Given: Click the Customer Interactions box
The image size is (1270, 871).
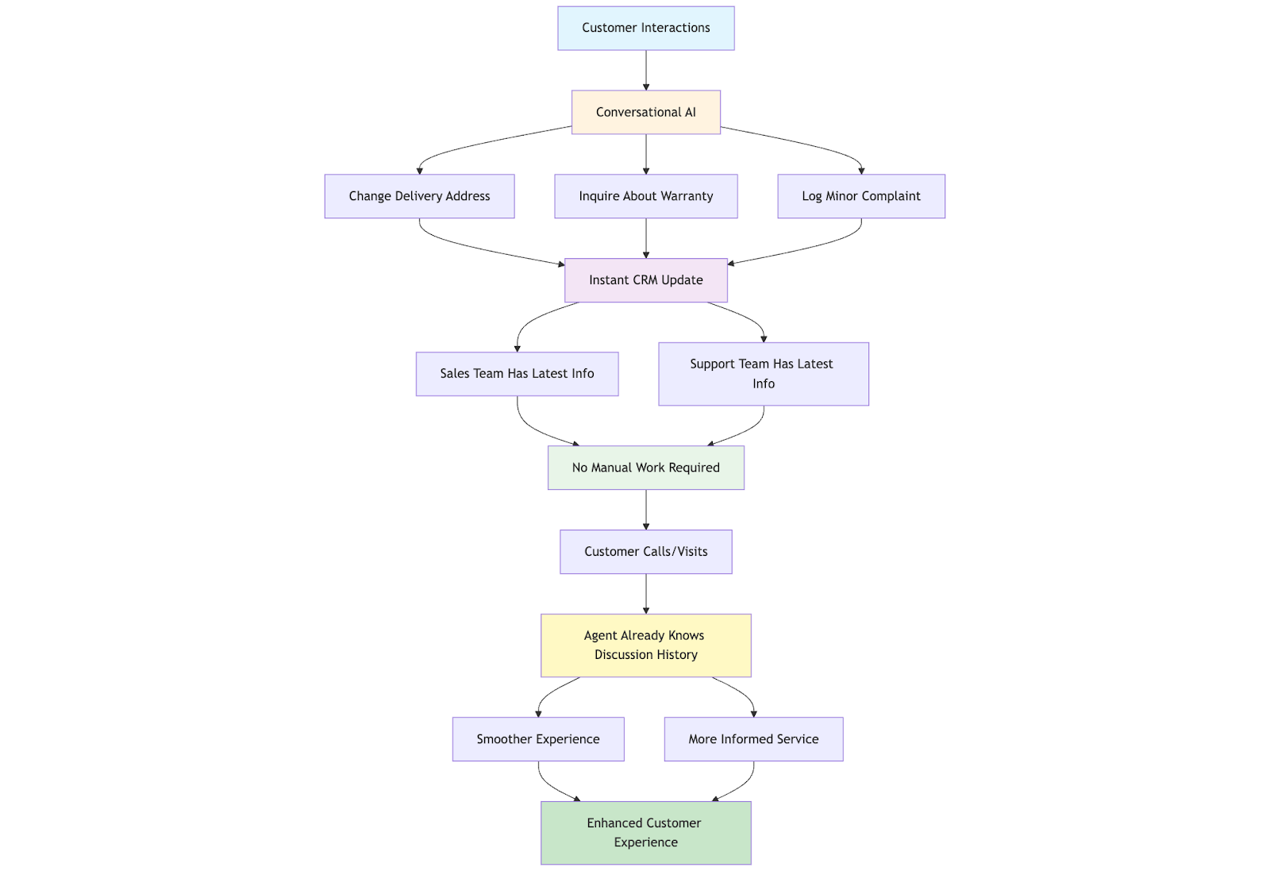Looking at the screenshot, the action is [646, 29].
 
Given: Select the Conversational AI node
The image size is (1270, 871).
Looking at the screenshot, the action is [646, 112].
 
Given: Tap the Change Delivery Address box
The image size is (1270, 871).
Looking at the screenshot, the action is [420, 196].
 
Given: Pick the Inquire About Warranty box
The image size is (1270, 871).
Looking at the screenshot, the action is [646, 196].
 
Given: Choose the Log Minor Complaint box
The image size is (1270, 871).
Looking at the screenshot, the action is [861, 196].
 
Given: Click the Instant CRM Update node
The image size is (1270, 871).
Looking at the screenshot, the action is [646, 280].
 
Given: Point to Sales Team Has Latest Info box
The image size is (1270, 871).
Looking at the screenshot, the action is [517, 374].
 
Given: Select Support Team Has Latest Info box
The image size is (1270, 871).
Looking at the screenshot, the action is [763, 374].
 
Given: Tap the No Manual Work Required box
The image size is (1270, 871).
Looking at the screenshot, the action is [646, 468].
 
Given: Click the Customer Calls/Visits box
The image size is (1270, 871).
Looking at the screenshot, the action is [646, 552].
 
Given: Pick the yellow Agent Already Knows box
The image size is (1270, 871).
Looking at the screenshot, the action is [646, 646].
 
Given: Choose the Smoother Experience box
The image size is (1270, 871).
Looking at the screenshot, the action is [538, 739].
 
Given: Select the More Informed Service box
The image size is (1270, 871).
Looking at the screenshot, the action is [753, 739].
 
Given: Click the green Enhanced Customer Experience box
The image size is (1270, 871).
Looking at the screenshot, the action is [646, 832].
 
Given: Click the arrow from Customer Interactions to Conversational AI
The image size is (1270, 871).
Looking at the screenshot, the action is [646, 71].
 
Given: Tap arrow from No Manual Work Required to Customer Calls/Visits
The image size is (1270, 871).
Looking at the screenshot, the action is [646, 510].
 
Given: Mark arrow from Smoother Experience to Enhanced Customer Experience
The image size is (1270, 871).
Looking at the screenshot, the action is [550, 785].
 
